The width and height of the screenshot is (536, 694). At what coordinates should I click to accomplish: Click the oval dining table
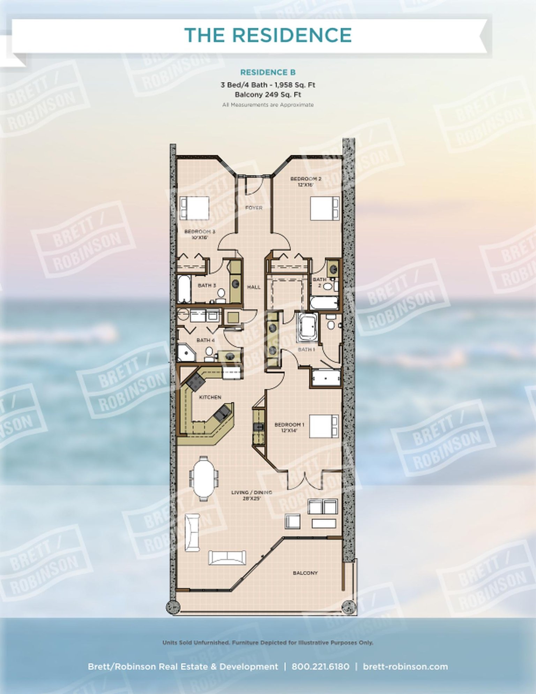click(x=204, y=476)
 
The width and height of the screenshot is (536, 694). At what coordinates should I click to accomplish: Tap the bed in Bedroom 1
click(x=323, y=426)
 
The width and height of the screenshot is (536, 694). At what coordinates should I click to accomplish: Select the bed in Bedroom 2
click(x=325, y=208)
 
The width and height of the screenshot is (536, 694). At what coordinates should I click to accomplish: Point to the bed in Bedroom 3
click(x=194, y=208)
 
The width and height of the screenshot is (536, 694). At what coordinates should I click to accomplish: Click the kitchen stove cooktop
click(x=195, y=382)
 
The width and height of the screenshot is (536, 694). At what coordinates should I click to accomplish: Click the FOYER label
click(x=254, y=208)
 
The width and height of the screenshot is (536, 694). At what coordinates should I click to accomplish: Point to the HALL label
click(x=254, y=287)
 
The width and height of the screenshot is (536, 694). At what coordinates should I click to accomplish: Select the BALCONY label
click(x=305, y=573)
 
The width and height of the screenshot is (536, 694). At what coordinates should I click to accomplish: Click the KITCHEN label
click(x=210, y=397)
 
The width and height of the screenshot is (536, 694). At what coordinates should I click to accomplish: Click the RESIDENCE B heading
click(x=268, y=72)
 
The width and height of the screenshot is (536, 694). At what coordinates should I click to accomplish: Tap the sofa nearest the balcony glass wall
click(x=227, y=558)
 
